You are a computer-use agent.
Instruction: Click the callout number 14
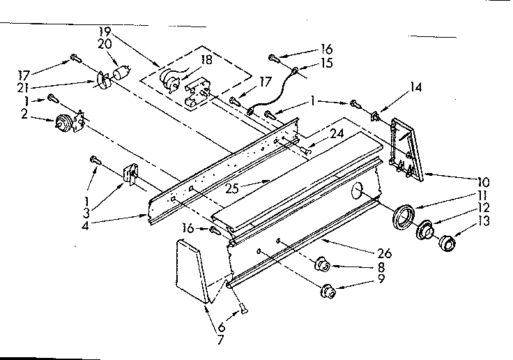tap(415, 89)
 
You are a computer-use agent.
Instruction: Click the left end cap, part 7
tap(190, 270)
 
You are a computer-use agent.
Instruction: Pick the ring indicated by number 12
tap(424, 230)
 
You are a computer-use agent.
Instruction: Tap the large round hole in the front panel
tap(359, 189)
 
